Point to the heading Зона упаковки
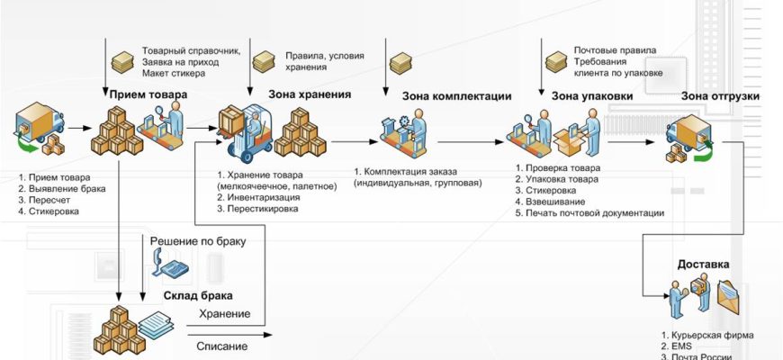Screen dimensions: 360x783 tap(591, 96)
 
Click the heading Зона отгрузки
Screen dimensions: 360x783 tap(720, 96)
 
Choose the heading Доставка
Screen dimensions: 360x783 tap(703, 265)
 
